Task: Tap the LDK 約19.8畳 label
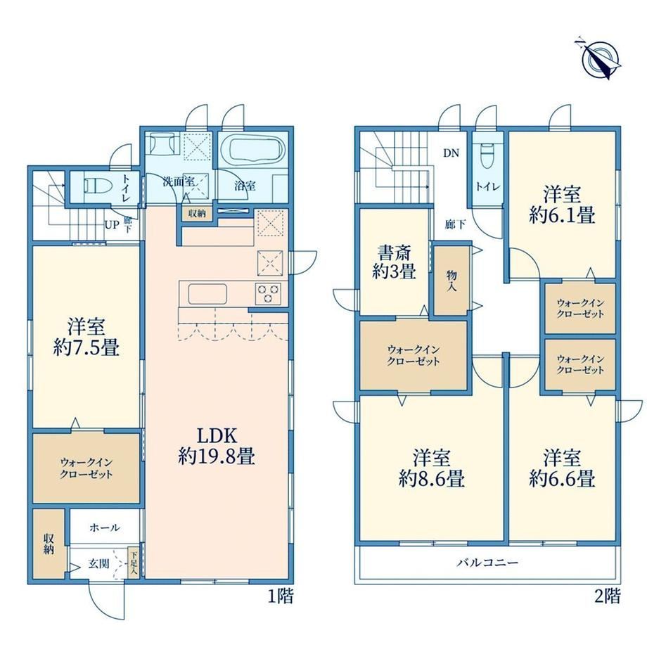[x=216, y=446]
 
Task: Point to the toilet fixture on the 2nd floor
[x=487, y=155]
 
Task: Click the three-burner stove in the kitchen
[x=269, y=293]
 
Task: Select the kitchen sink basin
[x=207, y=294]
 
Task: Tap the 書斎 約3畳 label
[x=394, y=262]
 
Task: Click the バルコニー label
[x=487, y=562]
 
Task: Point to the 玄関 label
[x=98, y=563]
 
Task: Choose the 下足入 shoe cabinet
[x=134, y=563]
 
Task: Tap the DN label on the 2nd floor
[x=451, y=153]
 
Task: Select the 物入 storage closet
[x=451, y=281]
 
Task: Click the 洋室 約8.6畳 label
[x=432, y=468]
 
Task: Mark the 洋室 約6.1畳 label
[x=562, y=205]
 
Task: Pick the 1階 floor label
[x=281, y=596]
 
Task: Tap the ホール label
[x=105, y=527]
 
